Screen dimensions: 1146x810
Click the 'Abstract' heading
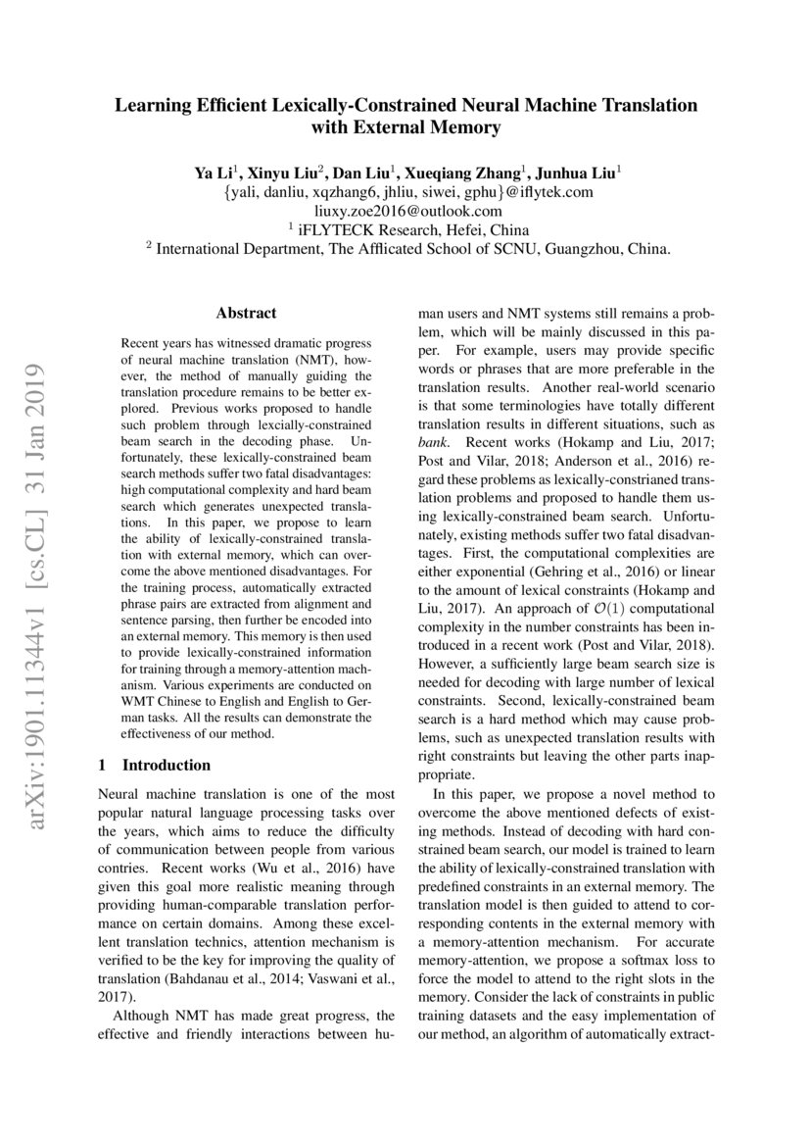point(246,314)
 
